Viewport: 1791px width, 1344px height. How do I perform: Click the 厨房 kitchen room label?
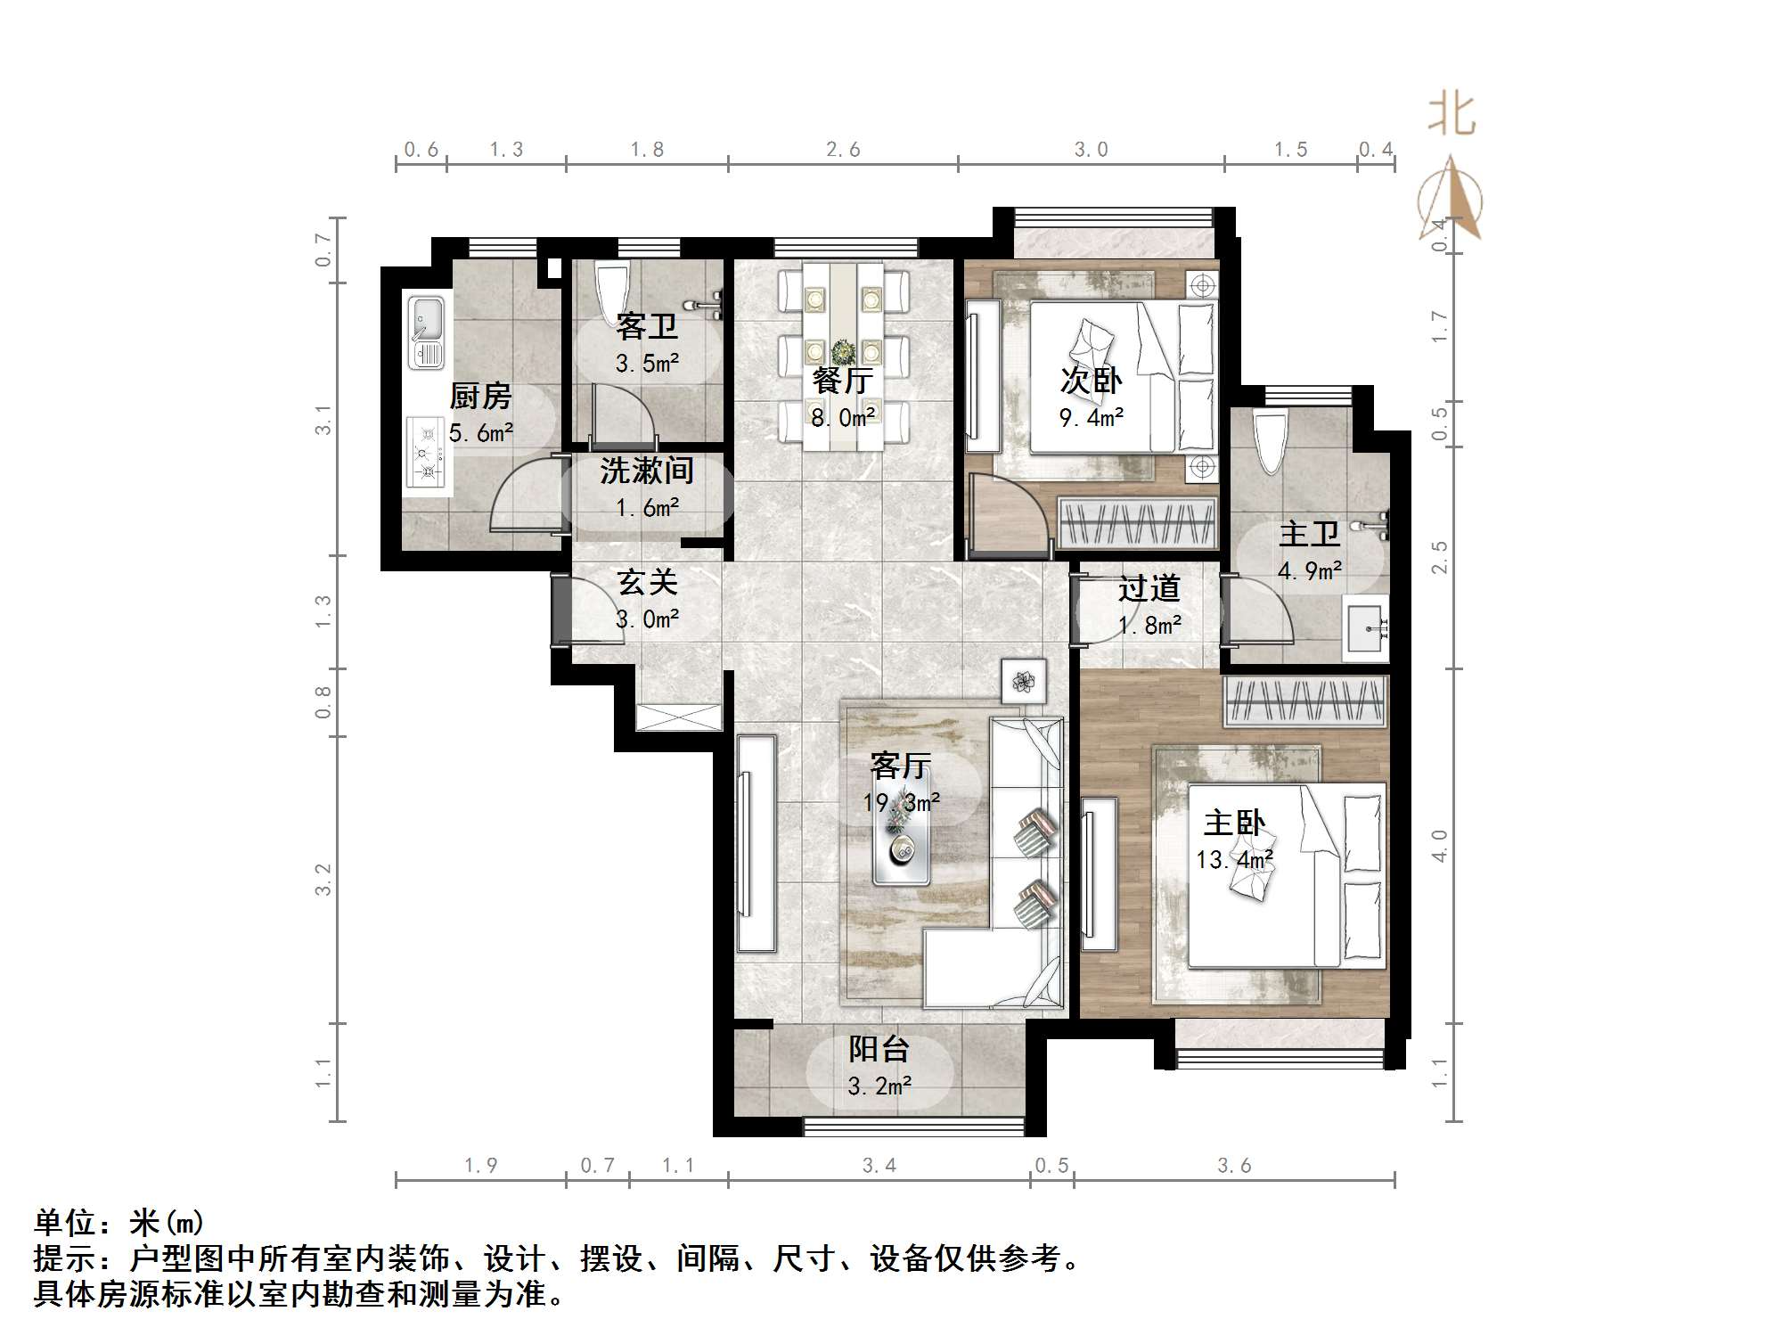click(x=480, y=396)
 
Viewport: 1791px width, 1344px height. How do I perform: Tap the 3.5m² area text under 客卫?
click(x=647, y=364)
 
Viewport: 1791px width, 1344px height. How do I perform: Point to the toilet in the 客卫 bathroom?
click(x=611, y=293)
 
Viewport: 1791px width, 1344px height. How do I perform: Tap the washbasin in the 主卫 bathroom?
click(x=1365, y=628)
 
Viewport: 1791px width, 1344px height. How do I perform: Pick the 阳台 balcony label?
click(x=879, y=1049)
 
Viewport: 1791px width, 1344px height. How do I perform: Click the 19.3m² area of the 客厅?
click(x=901, y=803)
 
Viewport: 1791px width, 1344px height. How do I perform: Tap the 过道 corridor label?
click(x=1149, y=589)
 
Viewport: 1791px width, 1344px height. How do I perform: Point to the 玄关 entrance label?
click(x=648, y=583)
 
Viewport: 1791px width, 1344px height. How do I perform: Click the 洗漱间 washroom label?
click(x=647, y=471)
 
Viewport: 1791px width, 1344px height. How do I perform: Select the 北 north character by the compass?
click(x=1452, y=116)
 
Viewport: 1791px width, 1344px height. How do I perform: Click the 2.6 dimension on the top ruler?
click(x=843, y=150)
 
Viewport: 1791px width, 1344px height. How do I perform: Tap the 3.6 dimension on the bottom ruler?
click(x=1234, y=1166)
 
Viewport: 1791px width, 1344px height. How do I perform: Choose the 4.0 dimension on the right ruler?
click(x=1439, y=845)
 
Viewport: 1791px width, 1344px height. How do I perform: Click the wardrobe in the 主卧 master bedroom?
click(x=1305, y=701)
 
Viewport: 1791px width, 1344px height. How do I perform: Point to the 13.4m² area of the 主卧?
click(x=1234, y=860)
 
